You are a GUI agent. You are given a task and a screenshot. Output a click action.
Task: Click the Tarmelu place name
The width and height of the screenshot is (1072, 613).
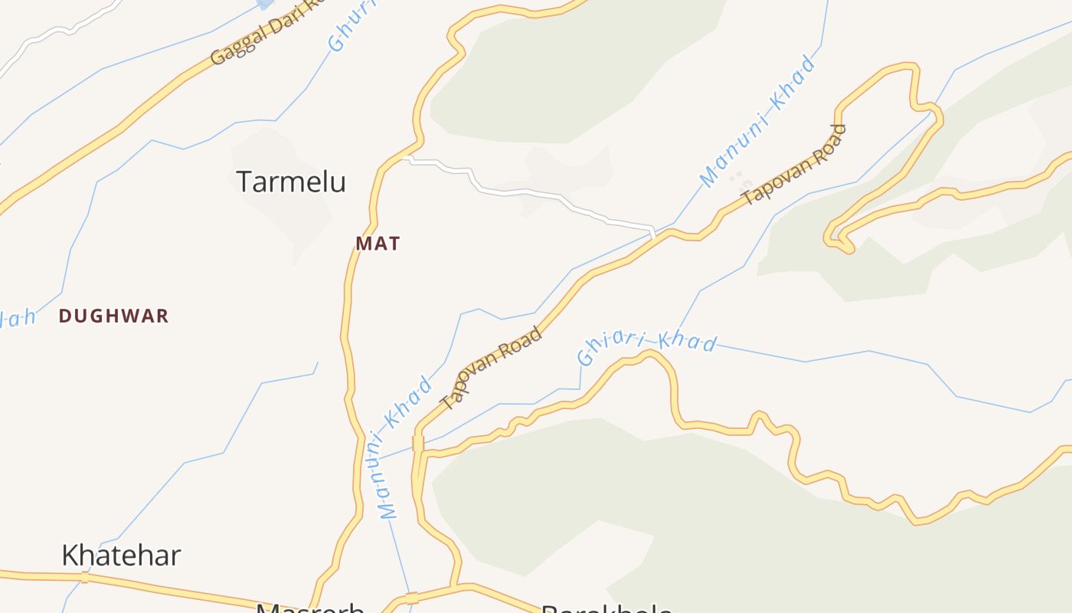pos(291,182)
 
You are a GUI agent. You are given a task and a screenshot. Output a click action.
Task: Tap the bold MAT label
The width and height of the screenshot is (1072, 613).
pos(377,244)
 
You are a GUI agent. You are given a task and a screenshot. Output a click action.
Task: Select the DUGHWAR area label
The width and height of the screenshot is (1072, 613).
pos(113,316)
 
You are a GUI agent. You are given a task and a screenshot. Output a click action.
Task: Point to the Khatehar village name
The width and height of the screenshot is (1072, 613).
pos(121,556)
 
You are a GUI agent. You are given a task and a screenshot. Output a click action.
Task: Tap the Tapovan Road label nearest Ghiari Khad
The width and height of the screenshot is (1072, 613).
pos(492,368)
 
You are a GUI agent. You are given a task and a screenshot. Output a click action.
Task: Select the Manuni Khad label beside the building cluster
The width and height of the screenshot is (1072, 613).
pos(757,121)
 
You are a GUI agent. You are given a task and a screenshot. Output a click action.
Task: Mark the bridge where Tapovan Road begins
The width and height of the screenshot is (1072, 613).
pos(418,444)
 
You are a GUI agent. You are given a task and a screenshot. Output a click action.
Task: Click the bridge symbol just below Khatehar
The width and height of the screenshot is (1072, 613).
pos(85,577)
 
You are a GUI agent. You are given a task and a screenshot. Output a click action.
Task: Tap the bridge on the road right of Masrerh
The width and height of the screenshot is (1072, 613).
pos(412,598)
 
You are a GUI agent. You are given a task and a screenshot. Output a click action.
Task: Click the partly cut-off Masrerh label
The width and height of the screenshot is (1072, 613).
pos(310,608)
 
